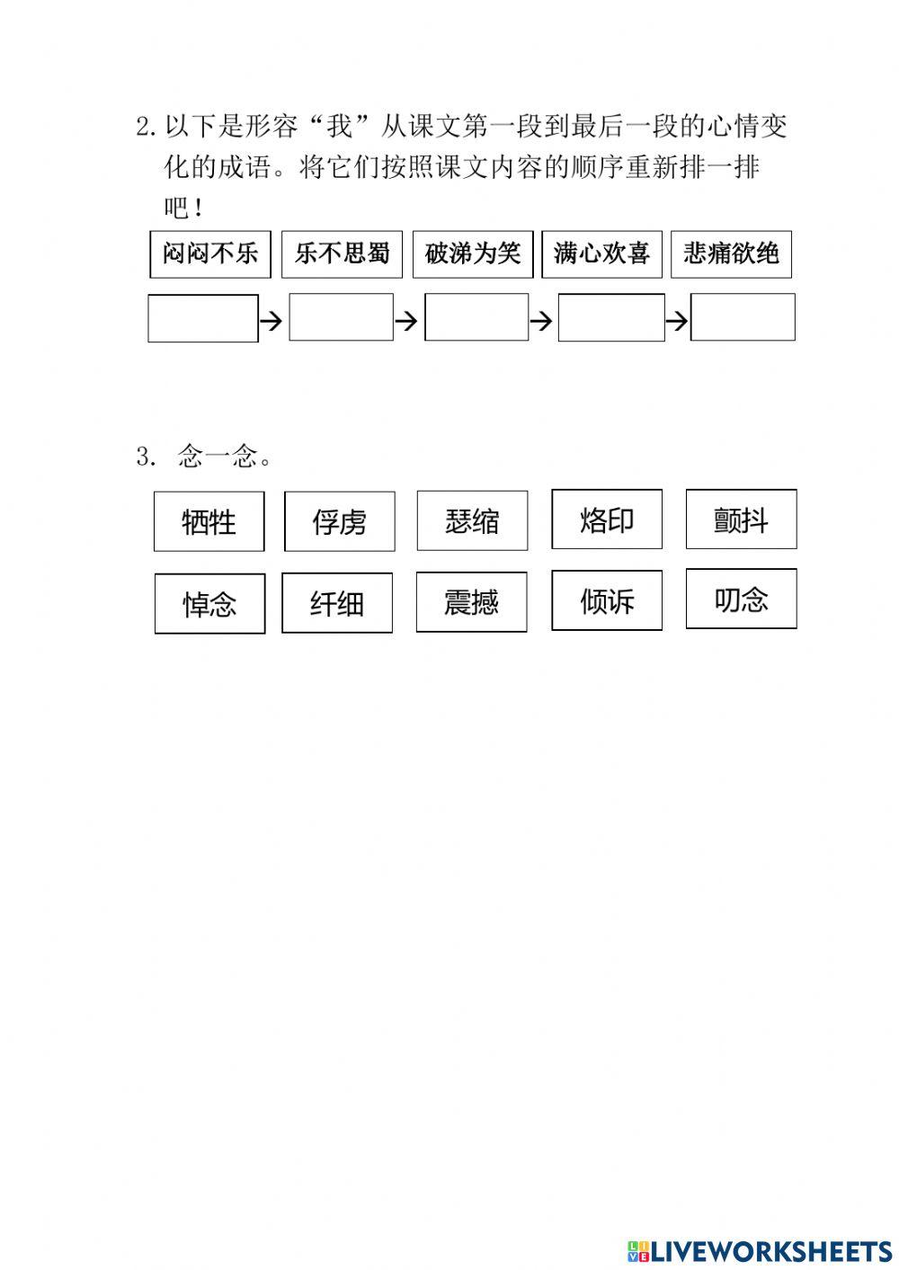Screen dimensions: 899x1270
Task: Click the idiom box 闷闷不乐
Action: coord(209,254)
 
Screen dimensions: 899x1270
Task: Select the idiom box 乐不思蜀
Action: coord(342,254)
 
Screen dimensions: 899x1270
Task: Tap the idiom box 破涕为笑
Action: coord(473,254)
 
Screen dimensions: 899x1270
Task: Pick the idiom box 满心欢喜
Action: coord(601,254)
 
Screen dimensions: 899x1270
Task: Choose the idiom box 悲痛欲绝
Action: coord(731,254)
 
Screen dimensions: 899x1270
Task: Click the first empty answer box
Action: coord(203,318)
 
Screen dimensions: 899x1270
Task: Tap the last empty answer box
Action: coord(743,317)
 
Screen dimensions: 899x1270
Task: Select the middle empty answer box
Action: coord(476,317)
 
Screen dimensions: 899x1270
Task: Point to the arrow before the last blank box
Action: coord(677,320)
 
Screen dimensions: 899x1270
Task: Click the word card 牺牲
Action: coord(209,521)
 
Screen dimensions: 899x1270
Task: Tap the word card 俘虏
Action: coord(340,521)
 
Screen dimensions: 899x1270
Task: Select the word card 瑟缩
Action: coord(472,520)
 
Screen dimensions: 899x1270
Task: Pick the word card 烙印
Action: coord(607,520)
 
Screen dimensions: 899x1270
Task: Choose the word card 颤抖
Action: coord(741,520)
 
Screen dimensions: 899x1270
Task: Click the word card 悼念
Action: coord(209,604)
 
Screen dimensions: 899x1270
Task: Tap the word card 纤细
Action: coord(337,603)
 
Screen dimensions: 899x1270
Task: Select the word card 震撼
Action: coord(471,601)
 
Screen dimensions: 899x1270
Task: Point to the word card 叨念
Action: coord(741,599)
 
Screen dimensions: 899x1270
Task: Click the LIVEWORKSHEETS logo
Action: coord(760,1250)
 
